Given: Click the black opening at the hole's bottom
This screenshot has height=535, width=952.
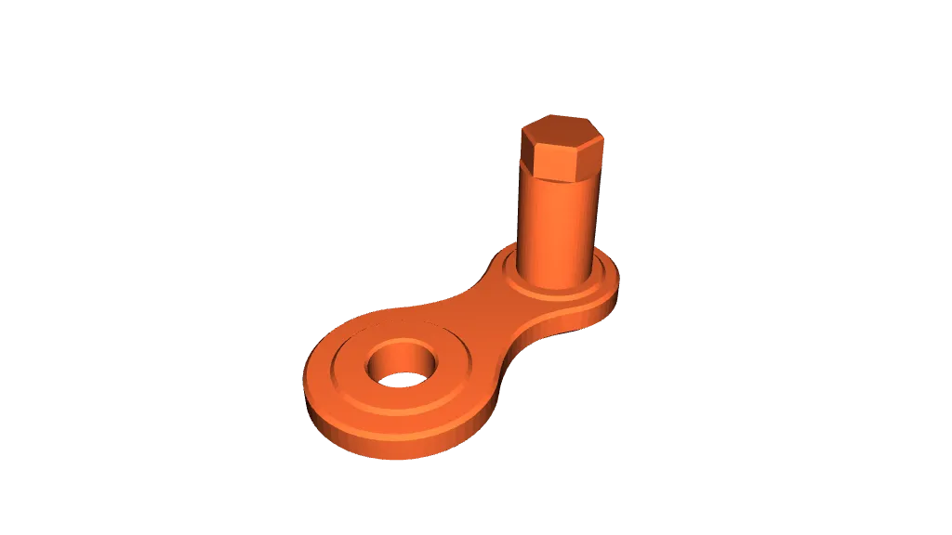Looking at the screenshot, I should point(400,379).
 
